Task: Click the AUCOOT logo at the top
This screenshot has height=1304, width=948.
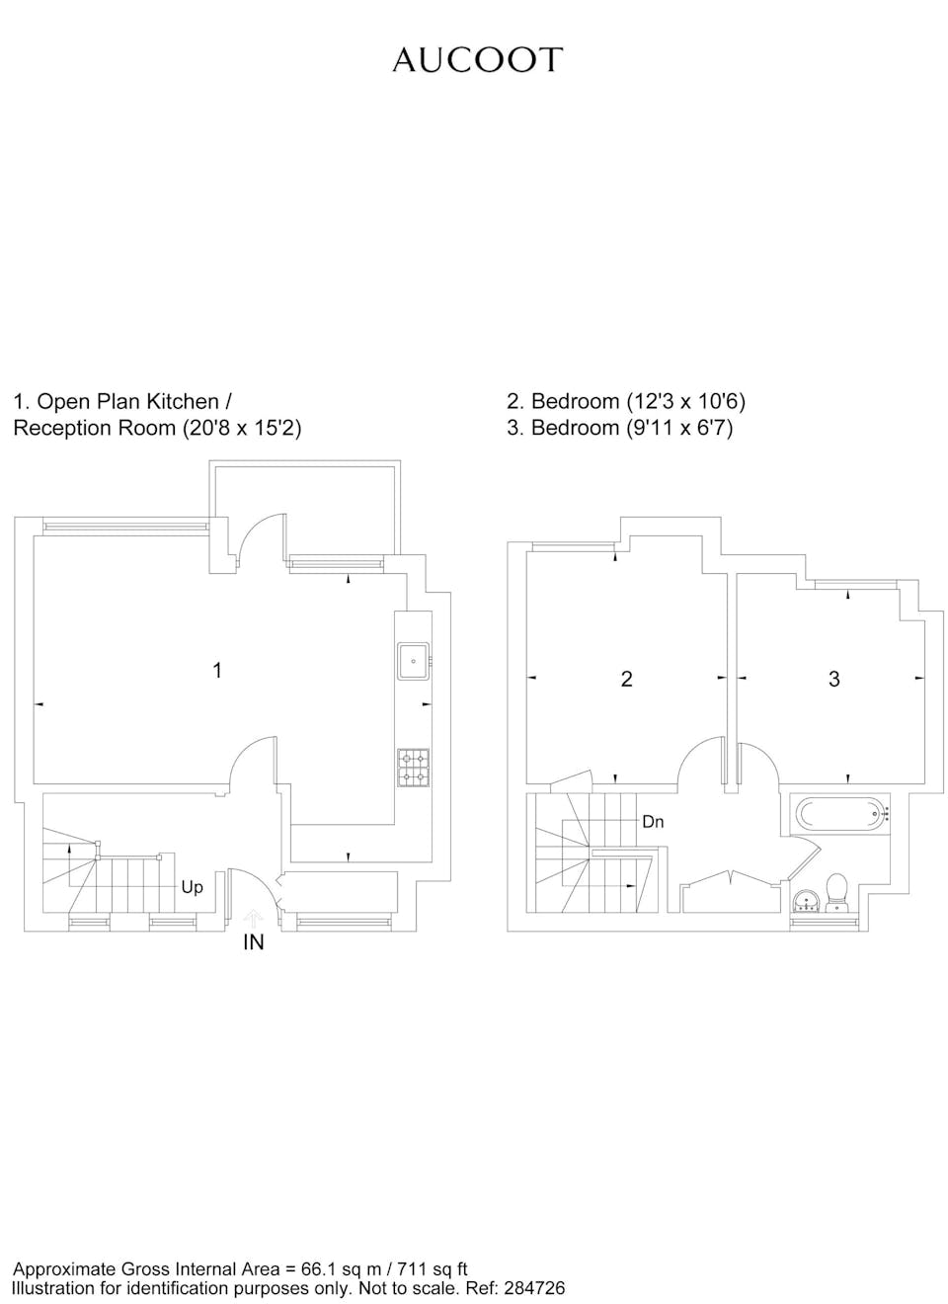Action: pyautogui.click(x=477, y=60)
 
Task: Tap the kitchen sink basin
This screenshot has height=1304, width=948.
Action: pyautogui.click(x=413, y=661)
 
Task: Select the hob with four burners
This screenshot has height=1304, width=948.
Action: pyautogui.click(x=413, y=768)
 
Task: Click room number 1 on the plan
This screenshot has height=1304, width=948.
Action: pyautogui.click(x=217, y=671)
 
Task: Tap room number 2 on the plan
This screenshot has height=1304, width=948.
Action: pyautogui.click(x=626, y=679)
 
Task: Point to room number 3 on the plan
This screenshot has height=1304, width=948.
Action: pyautogui.click(x=833, y=679)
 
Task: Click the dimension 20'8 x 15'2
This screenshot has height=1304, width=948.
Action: pyautogui.click(x=242, y=428)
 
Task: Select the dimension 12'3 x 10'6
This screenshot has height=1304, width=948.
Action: pyautogui.click(x=686, y=401)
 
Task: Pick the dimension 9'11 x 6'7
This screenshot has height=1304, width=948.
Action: pyautogui.click(x=679, y=428)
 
